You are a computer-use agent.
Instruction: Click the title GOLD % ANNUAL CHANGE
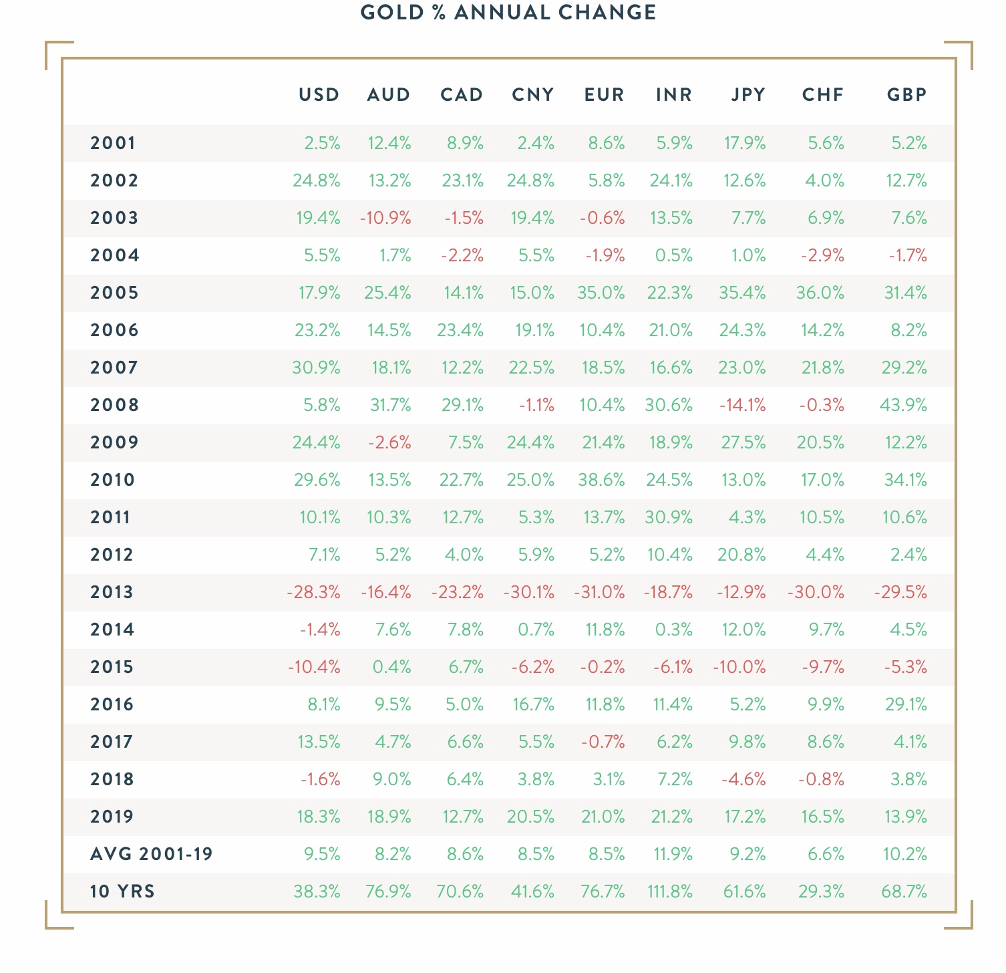point(508,13)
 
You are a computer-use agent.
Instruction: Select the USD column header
point(319,95)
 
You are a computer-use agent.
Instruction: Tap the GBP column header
point(907,95)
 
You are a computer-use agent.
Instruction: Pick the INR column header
point(674,95)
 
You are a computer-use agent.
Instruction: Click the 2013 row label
point(112,592)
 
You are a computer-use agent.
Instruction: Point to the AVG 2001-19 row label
point(152,854)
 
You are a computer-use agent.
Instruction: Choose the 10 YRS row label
point(122,891)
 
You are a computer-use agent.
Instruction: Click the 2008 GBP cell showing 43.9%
point(904,405)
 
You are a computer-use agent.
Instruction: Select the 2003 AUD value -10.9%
point(385,218)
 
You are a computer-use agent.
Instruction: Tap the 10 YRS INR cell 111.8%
point(670,891)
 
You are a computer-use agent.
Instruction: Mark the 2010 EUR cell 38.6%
point(601,480)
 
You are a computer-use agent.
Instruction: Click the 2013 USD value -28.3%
point(313,592)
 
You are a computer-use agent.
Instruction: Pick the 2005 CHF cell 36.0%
point(820,293)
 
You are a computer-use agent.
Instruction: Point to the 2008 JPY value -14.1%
point(742,405)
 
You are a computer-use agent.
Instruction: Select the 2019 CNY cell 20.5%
point(531,817)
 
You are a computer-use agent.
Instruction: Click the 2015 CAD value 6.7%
point(464,667)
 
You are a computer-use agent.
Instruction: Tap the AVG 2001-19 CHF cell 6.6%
point(825,854)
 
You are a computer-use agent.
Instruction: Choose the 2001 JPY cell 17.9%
point(745,143)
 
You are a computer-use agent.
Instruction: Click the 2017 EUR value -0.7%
point(604,742)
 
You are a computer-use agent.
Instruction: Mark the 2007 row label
point(114,368)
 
